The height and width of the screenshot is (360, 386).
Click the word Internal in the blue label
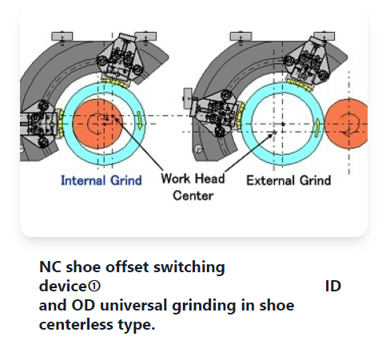point(84,180)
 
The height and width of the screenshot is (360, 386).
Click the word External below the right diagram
point(271,180)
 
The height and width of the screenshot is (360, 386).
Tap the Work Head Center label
point(193,187)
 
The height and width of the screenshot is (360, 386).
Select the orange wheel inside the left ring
point(97,124)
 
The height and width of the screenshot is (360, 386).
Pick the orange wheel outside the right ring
point(346,124)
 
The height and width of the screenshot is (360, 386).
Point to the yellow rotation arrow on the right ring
point(317,128)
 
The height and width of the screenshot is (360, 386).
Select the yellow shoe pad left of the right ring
point(241,116)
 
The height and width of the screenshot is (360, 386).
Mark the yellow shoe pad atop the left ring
point(115,83)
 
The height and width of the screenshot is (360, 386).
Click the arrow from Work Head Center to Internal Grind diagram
point(138,144)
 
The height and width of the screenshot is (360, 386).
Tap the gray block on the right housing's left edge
point(188,98)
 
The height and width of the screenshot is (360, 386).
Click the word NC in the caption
point(50,267)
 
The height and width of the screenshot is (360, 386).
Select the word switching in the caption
point(189,267)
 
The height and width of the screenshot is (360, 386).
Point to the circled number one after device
point(94,287)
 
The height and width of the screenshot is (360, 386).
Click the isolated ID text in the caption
point(333,287)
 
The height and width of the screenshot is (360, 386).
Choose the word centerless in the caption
point(76,324)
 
